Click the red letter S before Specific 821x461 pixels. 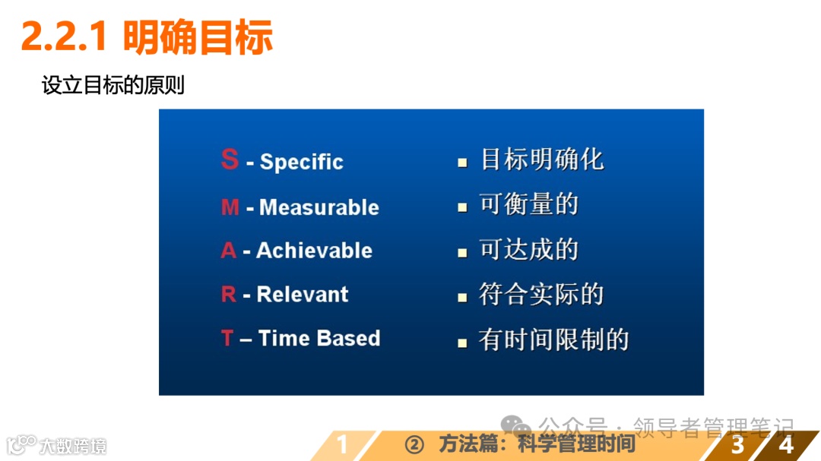[x=230, y=159]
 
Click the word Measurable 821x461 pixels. [x=319, y=207]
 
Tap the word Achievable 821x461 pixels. [x=314, y=251]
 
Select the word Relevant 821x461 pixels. [x=303, y=295]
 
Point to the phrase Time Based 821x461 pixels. [x=319, y=339]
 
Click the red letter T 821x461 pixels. [x=227, y=339]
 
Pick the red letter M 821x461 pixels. [x=230, y=207]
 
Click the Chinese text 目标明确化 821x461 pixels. [x=542, y=159]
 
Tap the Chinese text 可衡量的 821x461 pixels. [x=529, y=204]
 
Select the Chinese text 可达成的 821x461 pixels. [x=529, y=250]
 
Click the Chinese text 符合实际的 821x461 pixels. [x=541, y=295]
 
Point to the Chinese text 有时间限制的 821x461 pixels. [x=554, y=339]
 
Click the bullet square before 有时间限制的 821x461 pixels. [x=462, y=343]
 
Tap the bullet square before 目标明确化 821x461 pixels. [x=462, y=163]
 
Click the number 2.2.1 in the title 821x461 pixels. [x=64, y=36]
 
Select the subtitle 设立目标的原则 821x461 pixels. [x=113, y=85]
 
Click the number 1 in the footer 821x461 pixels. [x=342, y=444]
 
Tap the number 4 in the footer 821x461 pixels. [x=786, y=444]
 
